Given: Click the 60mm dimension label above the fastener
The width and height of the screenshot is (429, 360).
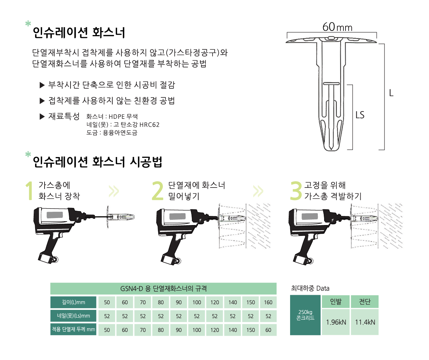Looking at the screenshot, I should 337,27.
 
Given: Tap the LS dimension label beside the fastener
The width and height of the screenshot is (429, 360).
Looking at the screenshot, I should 360,115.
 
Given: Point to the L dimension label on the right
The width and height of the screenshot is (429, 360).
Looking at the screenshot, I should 391,93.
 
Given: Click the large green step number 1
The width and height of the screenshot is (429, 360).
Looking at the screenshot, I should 30,191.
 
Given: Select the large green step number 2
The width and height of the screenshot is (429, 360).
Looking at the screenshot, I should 157,191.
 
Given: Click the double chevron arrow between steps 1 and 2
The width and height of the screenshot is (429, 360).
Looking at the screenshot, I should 114,191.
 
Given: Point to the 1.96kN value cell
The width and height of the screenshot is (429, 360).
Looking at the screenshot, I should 336,322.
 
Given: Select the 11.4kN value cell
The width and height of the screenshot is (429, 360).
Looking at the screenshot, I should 365,322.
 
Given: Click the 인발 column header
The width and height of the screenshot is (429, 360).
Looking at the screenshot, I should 336,302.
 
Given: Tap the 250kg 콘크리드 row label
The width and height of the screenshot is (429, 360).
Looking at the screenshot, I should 305,315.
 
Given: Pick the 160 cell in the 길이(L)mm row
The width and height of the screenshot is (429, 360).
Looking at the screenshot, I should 268,302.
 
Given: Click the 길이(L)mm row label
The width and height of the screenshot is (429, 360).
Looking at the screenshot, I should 73,302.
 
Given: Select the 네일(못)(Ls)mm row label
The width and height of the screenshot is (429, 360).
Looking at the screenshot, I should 73,316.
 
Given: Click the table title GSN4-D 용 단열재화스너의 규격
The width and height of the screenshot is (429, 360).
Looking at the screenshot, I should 163,288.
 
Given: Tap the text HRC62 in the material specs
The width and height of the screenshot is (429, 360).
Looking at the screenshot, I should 149,125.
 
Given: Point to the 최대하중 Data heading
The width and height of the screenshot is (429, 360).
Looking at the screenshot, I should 310,288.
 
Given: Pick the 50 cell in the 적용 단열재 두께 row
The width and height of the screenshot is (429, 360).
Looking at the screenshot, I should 107,330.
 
